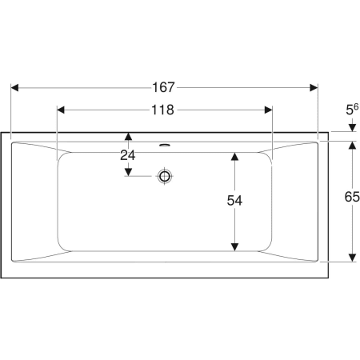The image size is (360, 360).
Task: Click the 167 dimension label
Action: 163,87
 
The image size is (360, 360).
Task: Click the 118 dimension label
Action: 162,110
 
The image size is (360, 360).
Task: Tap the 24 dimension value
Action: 128,155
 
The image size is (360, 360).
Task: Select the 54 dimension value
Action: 234,201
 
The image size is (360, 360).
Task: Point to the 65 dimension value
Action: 352,197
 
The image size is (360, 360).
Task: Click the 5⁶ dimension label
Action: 352,110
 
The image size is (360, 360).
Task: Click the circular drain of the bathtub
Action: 165,176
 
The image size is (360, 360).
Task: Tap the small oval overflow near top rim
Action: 165,145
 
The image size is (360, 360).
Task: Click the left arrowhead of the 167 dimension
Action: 14,88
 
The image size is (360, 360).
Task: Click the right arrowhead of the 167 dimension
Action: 314,88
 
